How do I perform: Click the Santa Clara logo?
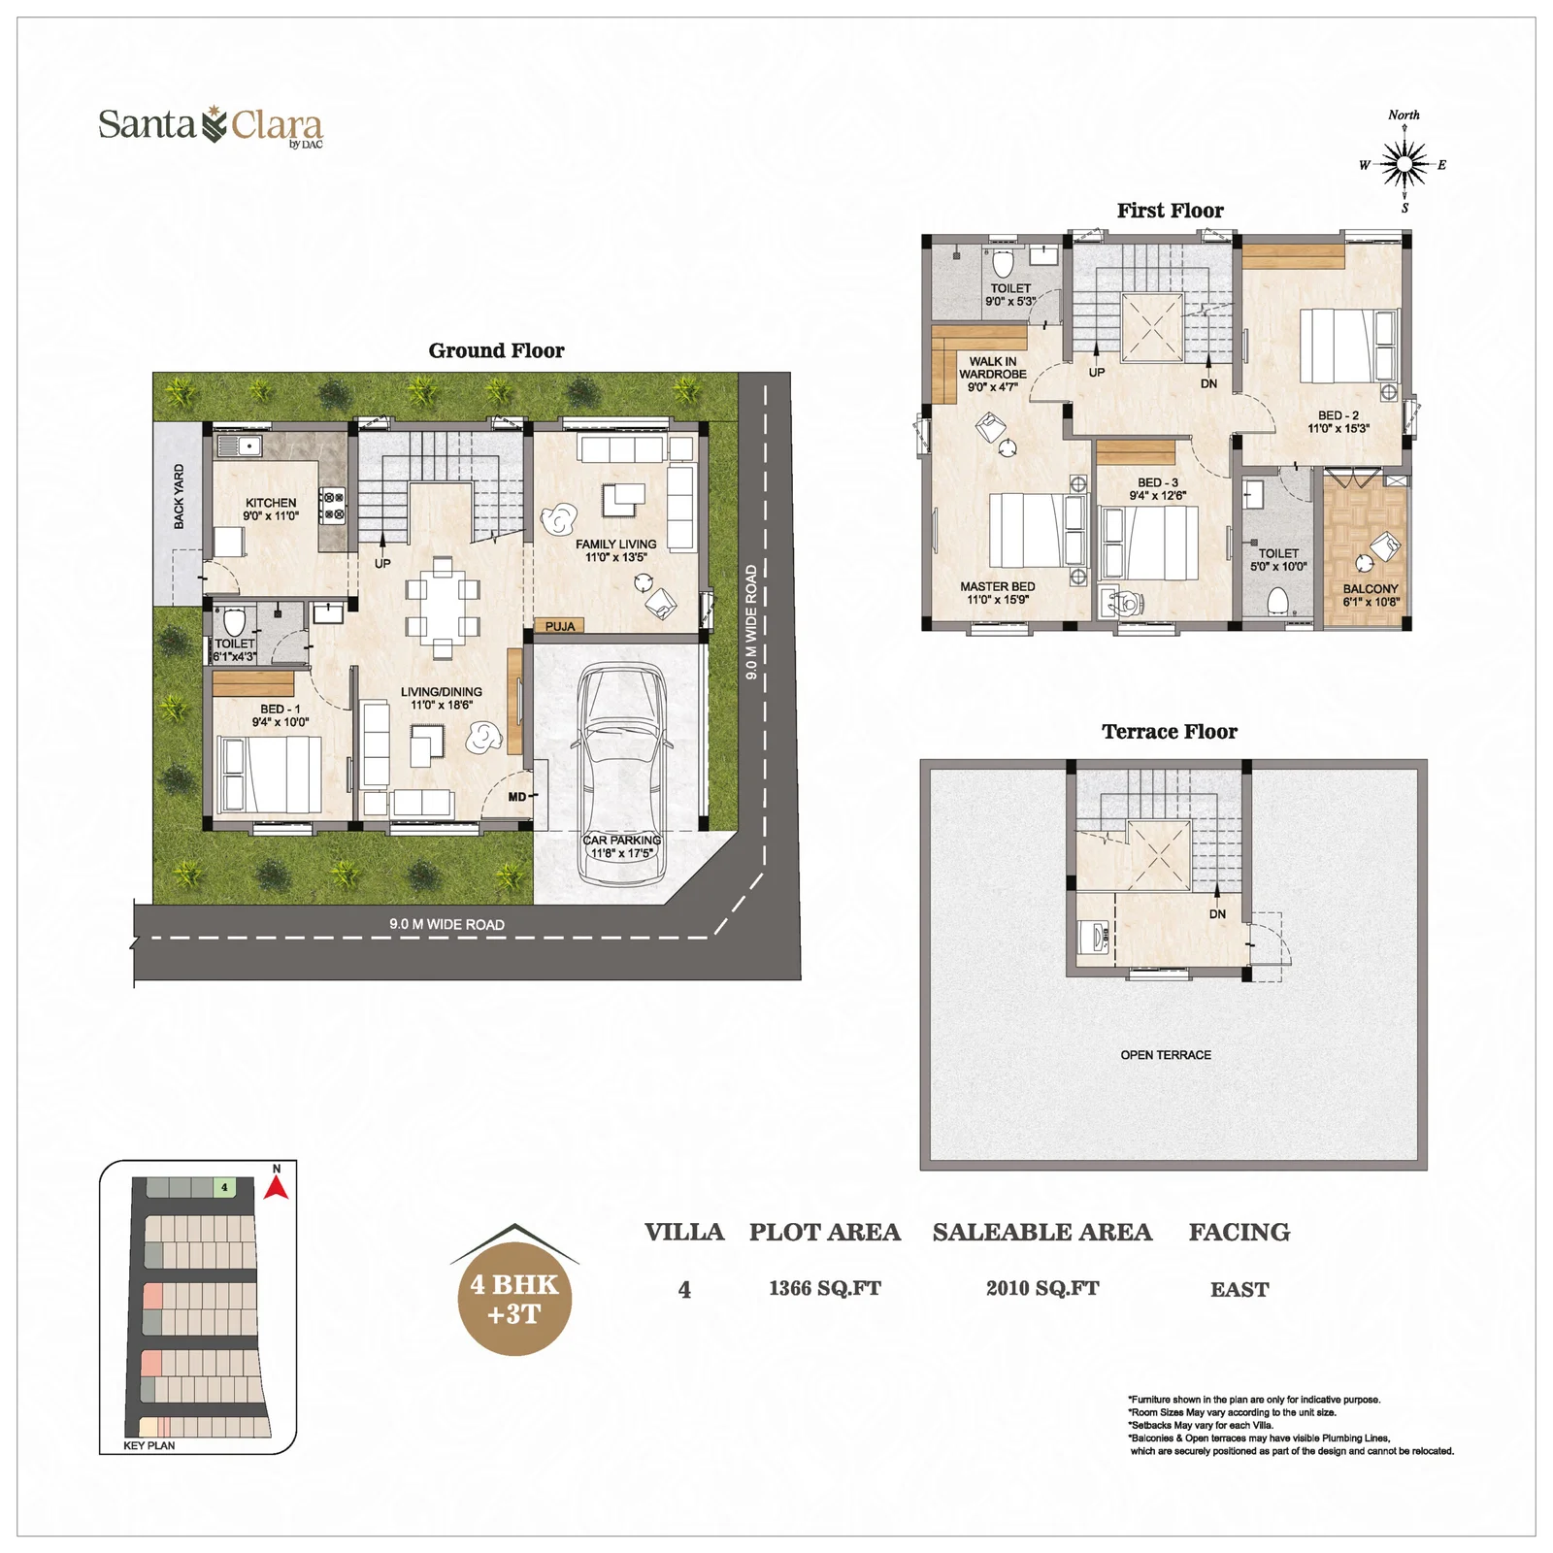click(211, 126)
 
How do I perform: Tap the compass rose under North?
click(1404, 164)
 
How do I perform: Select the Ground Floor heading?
click(496, 350)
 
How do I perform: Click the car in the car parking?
click(622, 773)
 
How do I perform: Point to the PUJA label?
click(560, 626)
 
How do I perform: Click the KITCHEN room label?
click(271, 503)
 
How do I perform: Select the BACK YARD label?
click(179, 496)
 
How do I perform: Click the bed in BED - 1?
click(269, 774)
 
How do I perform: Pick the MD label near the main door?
click(517, 797)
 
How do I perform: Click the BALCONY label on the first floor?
click(1371, 589)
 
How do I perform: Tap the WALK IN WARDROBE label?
click(992, 368)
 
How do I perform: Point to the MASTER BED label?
click(997, 586)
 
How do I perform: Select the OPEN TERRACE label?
click(1166, 1055)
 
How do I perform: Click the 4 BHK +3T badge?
click(514, 1298)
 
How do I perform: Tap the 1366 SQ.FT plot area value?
click(825, 1288)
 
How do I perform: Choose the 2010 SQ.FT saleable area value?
click(1042, 1288)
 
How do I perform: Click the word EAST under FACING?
click(1239, 1289)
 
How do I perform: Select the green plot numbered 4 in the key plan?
click(224, 1187)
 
